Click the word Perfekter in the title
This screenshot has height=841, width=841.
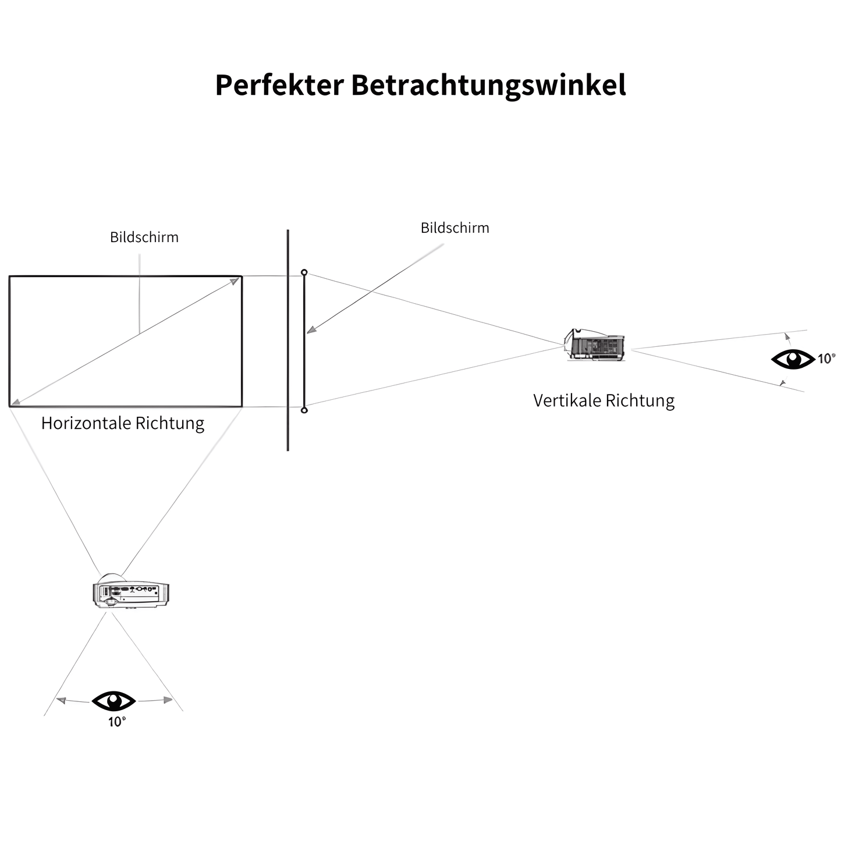[x=279, y=86]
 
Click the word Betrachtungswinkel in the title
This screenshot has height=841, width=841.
[x=488, y=86]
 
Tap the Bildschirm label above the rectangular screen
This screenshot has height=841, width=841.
[x=144, y=237]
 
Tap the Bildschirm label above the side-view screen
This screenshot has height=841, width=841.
[x=455, y=228]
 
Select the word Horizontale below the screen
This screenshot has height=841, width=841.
[x=86, y=423]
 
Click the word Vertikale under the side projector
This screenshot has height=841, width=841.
[x=567, y=401]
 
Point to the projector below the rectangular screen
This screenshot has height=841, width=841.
[x=131, y=592]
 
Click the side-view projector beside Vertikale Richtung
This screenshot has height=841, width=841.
[x=595, y=345]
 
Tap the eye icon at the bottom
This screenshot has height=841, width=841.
[x=113, y=701]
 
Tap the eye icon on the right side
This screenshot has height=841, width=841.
[x=793, y=359]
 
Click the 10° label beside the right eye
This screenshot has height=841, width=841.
[x=826, y=359]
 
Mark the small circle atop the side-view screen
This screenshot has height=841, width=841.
[x=304, y=272]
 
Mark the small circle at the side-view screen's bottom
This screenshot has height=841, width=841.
[x=304, y=410]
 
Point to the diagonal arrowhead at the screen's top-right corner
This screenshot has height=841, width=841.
[x=235, y=281]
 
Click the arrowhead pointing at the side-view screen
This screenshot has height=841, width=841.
[x=311, y=330]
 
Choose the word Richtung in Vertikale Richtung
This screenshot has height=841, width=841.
[x=640, y=401]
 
